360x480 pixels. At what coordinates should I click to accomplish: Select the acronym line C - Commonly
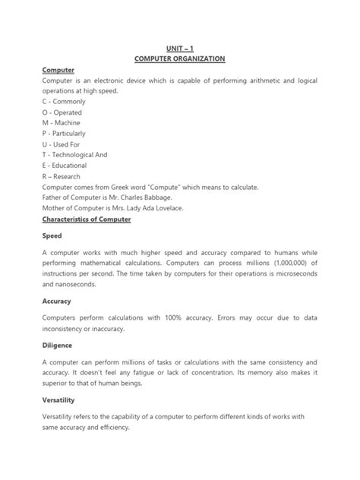pyautogui.click(x=65, y=100)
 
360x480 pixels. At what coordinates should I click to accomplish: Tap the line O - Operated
pyautogui.click(x=65, y=111)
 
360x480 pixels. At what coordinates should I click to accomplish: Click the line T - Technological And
pyautogui.click(x=74, y=154)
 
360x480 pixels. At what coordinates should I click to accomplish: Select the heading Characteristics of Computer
pyautogui.click(x=87, y=219)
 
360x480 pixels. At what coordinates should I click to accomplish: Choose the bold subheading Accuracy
pyautogui.click(x=56, y=300)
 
